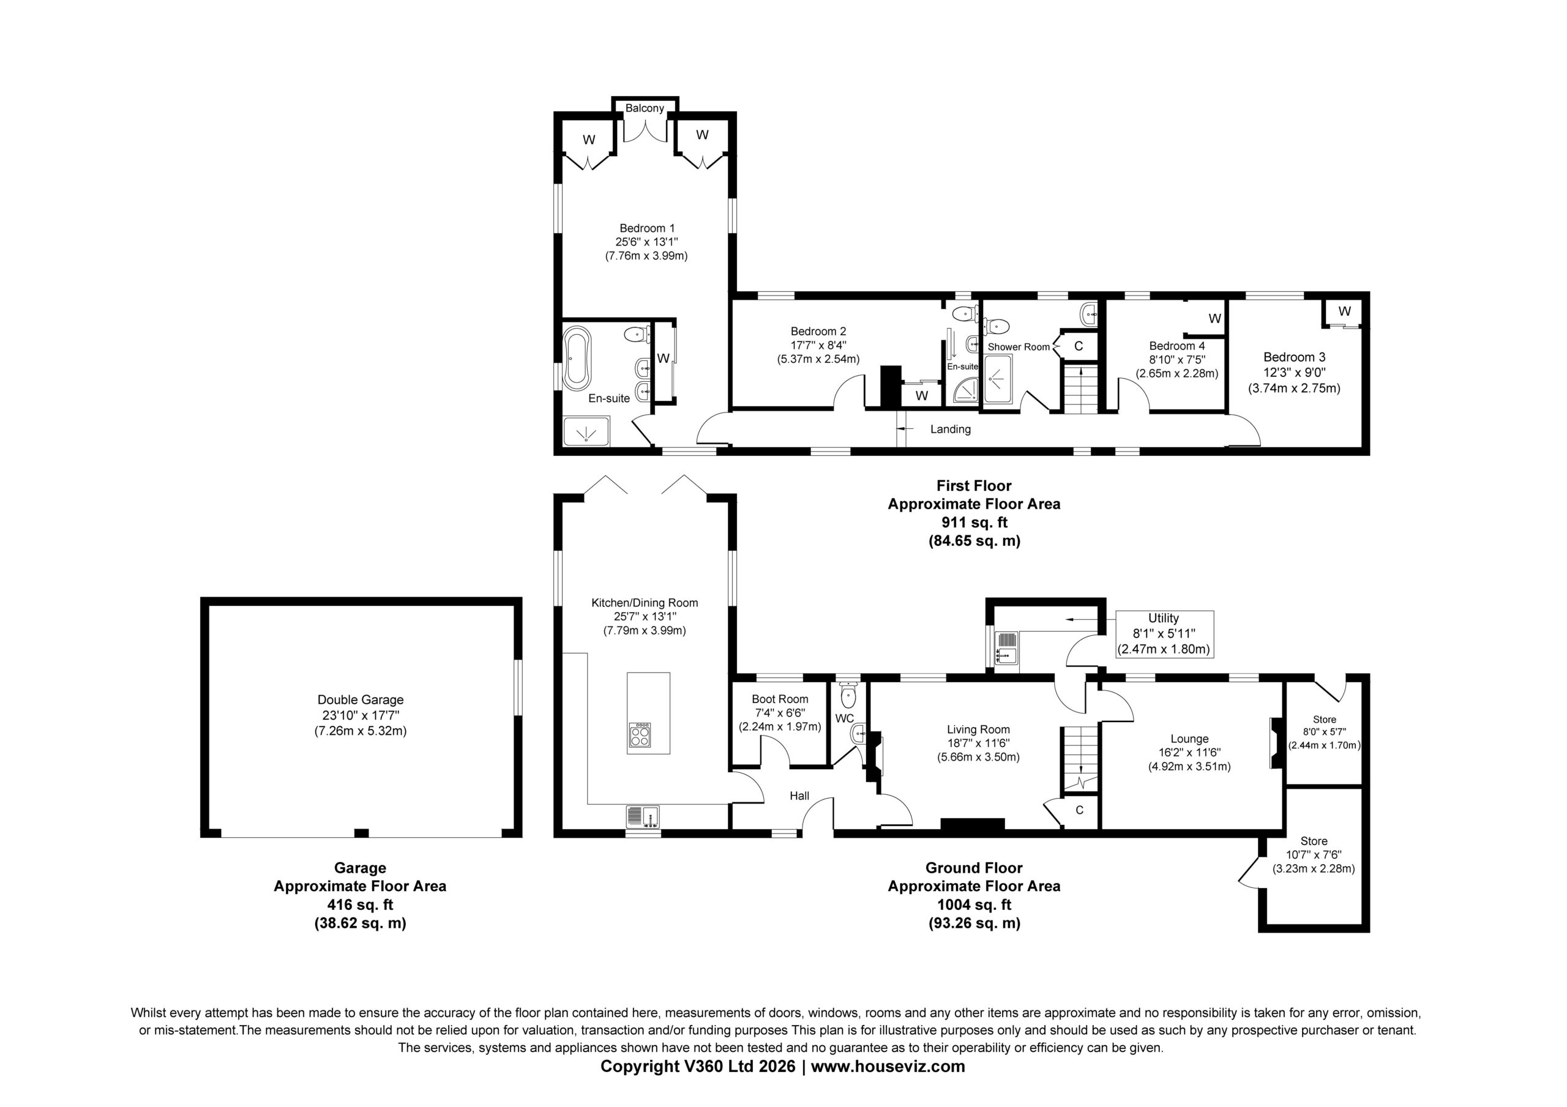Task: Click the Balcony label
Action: click(x=645, y=108)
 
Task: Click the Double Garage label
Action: click(x=361, y=699)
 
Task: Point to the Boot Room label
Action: click(x=780, y=699)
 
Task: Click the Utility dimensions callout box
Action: click(x=1164, y=634)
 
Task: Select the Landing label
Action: click(x=950, y=430)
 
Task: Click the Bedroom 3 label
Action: click(x=1294, y=357)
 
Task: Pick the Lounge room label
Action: click(x=1189, y=739)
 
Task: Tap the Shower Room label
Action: click(x=1019, y=347)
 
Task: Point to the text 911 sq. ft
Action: click(x=974, y=523)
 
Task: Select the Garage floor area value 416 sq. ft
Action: click(x=361, y=905)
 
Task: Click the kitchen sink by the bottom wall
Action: click(x=643, y=817)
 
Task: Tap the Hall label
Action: click(x=799, y=796)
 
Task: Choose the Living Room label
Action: click(x=978, y=729)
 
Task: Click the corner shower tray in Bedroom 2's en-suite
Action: click(x=966, y=390)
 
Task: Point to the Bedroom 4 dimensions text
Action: click(x=1176, y=360)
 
